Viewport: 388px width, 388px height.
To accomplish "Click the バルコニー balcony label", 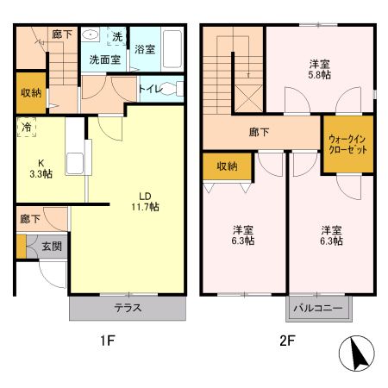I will coord(317,308).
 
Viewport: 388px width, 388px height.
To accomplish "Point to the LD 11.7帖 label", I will coord(145,201).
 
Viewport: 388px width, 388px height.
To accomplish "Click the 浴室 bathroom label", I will coord(144,51).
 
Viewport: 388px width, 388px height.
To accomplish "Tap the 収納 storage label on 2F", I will coord(227,166).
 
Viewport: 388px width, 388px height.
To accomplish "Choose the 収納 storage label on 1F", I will coord(29,92).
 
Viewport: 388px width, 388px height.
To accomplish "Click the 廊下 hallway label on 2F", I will coord(257,134).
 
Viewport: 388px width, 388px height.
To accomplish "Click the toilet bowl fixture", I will coord(178,89).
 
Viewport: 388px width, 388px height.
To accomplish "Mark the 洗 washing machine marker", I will coord(117,36).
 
